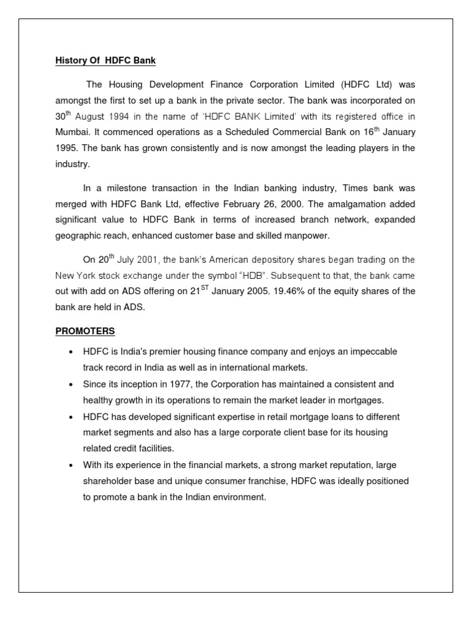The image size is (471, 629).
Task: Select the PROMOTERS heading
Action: click(x=85, y=331)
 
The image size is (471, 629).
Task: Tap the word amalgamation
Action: click(x=350, y=204)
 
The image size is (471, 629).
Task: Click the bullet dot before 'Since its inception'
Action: click(x=71, y=384)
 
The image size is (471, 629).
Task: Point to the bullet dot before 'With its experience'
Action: click(x=71, y=465)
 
